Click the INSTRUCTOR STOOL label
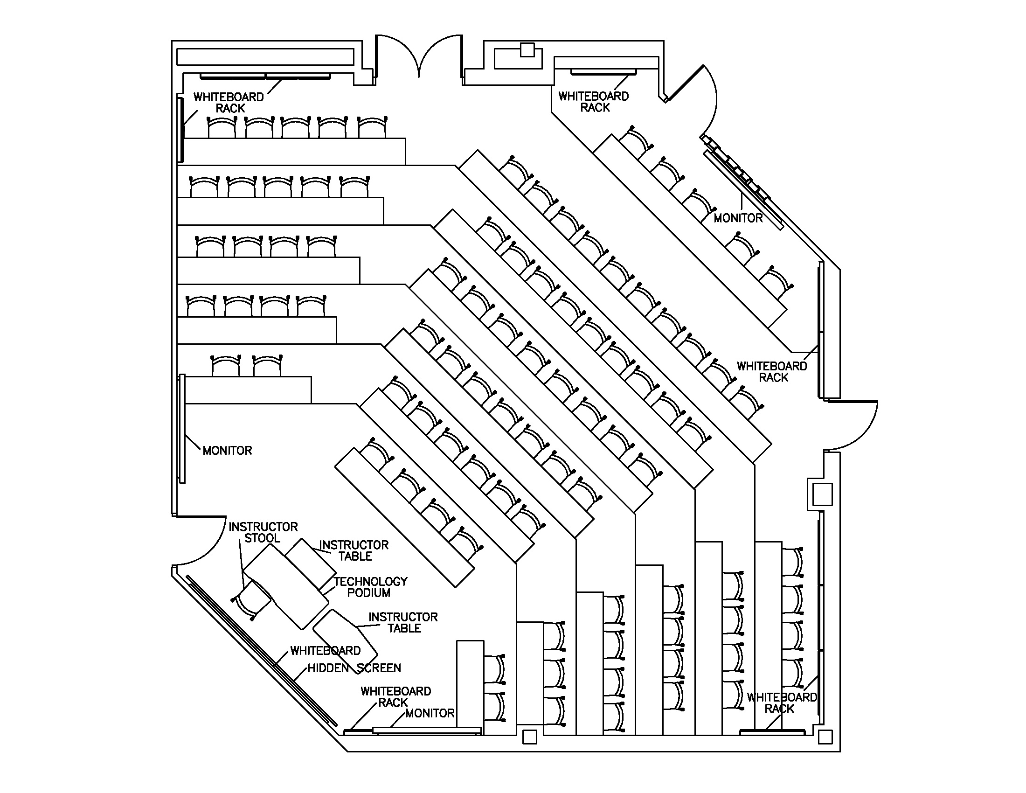(263, 532)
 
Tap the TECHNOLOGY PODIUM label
(370, 587)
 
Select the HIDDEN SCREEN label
(354, 668)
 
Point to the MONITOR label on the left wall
(228, 451)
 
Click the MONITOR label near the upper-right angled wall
(738, 218)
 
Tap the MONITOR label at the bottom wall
(430, 713)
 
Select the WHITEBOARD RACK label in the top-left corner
(229, 103)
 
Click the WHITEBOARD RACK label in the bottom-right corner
(782, 703)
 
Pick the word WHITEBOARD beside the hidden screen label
(325, 651)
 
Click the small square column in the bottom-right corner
(825, 737)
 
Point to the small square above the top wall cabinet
(527, 50)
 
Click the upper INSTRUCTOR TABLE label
(354, 550)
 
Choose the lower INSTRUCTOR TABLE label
(403, 622)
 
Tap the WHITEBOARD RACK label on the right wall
(772, 371)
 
